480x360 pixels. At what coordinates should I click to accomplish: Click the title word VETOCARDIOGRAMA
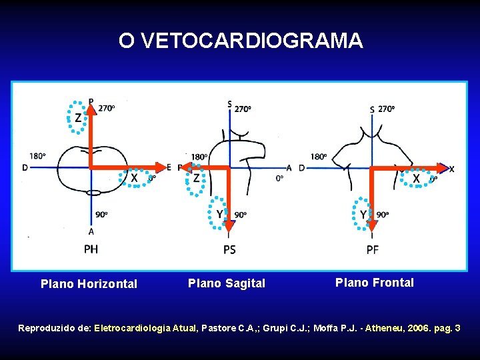[253, 41]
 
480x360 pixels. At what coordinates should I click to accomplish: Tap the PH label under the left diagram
[91, 249]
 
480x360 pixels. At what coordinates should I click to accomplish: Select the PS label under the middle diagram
[229, 249]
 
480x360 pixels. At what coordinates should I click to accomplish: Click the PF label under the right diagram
[373, 249]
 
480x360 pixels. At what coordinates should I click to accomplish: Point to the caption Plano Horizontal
[89, 284]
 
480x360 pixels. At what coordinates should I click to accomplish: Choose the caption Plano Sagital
[227, 283]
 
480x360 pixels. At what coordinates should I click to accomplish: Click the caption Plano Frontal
[375, 283]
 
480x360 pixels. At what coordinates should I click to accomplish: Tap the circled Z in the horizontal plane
[79, 118]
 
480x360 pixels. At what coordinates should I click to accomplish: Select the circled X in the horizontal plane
[134, 178]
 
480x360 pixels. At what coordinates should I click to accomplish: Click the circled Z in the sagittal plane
[196, 178]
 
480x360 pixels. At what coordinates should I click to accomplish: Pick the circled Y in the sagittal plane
[219, 214]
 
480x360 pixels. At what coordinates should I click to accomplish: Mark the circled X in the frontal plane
[417, 179]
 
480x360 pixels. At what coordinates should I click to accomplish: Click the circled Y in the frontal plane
[363, 214]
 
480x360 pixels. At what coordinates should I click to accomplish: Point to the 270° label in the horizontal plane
[107, 108]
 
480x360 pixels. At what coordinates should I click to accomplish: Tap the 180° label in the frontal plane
[319, 157]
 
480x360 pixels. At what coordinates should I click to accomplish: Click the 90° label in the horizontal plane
[101, 215]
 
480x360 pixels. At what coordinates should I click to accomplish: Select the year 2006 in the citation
[409, 329]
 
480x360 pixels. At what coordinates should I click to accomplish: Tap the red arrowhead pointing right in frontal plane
[443, 168]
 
